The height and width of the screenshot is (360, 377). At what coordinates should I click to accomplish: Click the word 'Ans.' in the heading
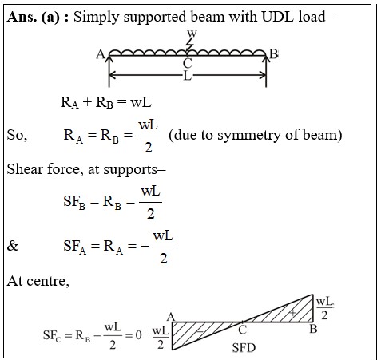[22, 17]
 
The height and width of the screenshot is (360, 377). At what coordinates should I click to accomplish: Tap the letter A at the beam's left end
[101, 54]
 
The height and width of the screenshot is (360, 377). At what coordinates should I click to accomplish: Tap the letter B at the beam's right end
[274, 54]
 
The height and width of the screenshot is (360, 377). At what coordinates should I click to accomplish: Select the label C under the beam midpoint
[188, 64]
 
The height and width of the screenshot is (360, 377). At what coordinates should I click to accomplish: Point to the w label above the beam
[192, 34]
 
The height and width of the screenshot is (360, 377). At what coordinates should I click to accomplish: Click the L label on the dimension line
[188, 76]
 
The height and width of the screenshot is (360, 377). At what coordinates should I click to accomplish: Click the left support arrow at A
[109, 70]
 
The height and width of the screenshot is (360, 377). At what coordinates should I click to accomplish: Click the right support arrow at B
[266, 70]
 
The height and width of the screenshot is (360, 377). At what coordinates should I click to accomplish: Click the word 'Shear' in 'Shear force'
[26, 169]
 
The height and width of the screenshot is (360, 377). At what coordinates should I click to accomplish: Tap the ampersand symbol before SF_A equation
[13, 246]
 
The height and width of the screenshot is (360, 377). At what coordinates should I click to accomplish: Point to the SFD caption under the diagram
[244, 347]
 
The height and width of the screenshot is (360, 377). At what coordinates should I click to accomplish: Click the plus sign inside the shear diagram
[293, 313]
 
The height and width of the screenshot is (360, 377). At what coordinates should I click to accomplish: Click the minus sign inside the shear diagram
[200, 331]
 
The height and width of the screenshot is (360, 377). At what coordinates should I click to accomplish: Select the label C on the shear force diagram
[242, 330]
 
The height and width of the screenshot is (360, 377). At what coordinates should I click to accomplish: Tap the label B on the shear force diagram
[313, 329]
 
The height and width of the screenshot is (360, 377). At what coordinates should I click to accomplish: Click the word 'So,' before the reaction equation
[17, 135]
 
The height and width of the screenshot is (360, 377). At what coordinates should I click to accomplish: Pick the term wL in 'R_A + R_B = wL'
[141, 102]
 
